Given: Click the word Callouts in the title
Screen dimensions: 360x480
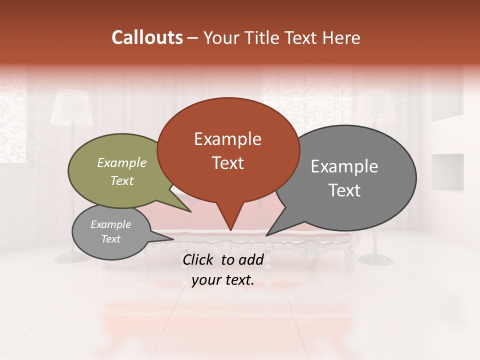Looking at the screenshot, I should pyautogui.click(x=147, y=37).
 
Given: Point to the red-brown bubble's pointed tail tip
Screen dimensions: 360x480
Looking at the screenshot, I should pyautogui.click(x=230, y=230).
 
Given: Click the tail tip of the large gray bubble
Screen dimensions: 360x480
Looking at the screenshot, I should pyautogui.click(x=266, y=235).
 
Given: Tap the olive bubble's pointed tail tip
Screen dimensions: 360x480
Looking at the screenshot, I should pyautogui.click(x=191, y=211).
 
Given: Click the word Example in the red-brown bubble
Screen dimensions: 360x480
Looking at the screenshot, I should pyautogui.click(x=228, y=139).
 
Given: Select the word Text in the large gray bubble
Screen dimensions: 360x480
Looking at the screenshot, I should pyautogui.click(x=345, y=190).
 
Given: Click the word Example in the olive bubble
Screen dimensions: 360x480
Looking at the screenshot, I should pyautogui.click(x=122, y=162).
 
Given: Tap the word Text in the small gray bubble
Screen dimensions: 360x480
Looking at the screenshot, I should pyautogui.click(x=111, y=239).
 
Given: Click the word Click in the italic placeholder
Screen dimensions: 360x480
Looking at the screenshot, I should pyautogui.click(x=199, y=259).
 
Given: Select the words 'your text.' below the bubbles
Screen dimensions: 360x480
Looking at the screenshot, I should pyautogui.click(x=223, y=280).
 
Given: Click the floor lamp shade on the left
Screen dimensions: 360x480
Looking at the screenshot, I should pyautogui.click(x=72, y=107).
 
